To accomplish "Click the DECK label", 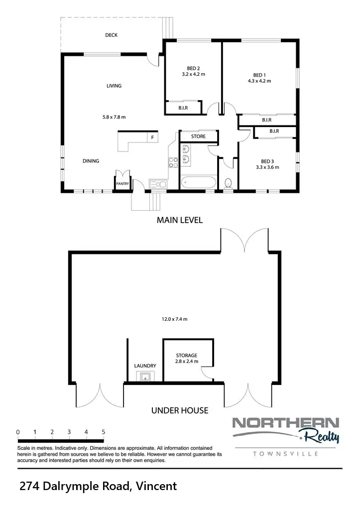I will click(x=111, y=35).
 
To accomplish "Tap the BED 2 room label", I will click(x=193, y=68).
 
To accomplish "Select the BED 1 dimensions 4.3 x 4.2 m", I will click(x=259, y=81).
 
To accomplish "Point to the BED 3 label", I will click(x=267, y=161).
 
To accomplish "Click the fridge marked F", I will click(x=152, y=136).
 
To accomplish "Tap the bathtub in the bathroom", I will click(x=199, y=182).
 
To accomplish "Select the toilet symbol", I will click(x=229, y=183).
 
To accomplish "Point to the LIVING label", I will click(x=114, y=86).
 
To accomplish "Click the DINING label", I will click(x=91, y=161).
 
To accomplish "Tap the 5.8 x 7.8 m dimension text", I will click(x=114, y=118).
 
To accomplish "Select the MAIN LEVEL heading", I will click(x=180, y=220).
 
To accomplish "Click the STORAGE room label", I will click(x=187, y=356).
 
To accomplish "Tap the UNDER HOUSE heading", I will click(x=179, y=411).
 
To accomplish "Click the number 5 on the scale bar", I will click(x=103, y=432).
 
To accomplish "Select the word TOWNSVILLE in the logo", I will click(x=286, y=454).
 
